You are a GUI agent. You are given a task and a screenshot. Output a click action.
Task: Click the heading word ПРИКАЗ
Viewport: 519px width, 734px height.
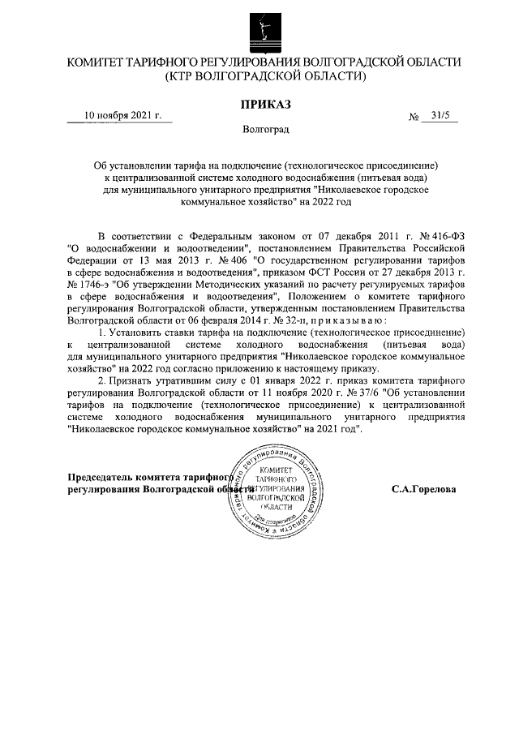264,104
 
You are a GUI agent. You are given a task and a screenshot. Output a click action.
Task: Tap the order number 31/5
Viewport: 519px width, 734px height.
441,116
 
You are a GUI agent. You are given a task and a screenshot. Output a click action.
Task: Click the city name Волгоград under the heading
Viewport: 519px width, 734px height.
264,129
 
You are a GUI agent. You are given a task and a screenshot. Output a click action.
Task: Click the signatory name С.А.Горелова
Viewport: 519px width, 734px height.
422,489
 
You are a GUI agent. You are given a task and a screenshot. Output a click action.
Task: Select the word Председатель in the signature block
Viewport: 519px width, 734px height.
103,478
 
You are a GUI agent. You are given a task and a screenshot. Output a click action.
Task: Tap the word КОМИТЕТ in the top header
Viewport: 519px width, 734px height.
102,62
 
